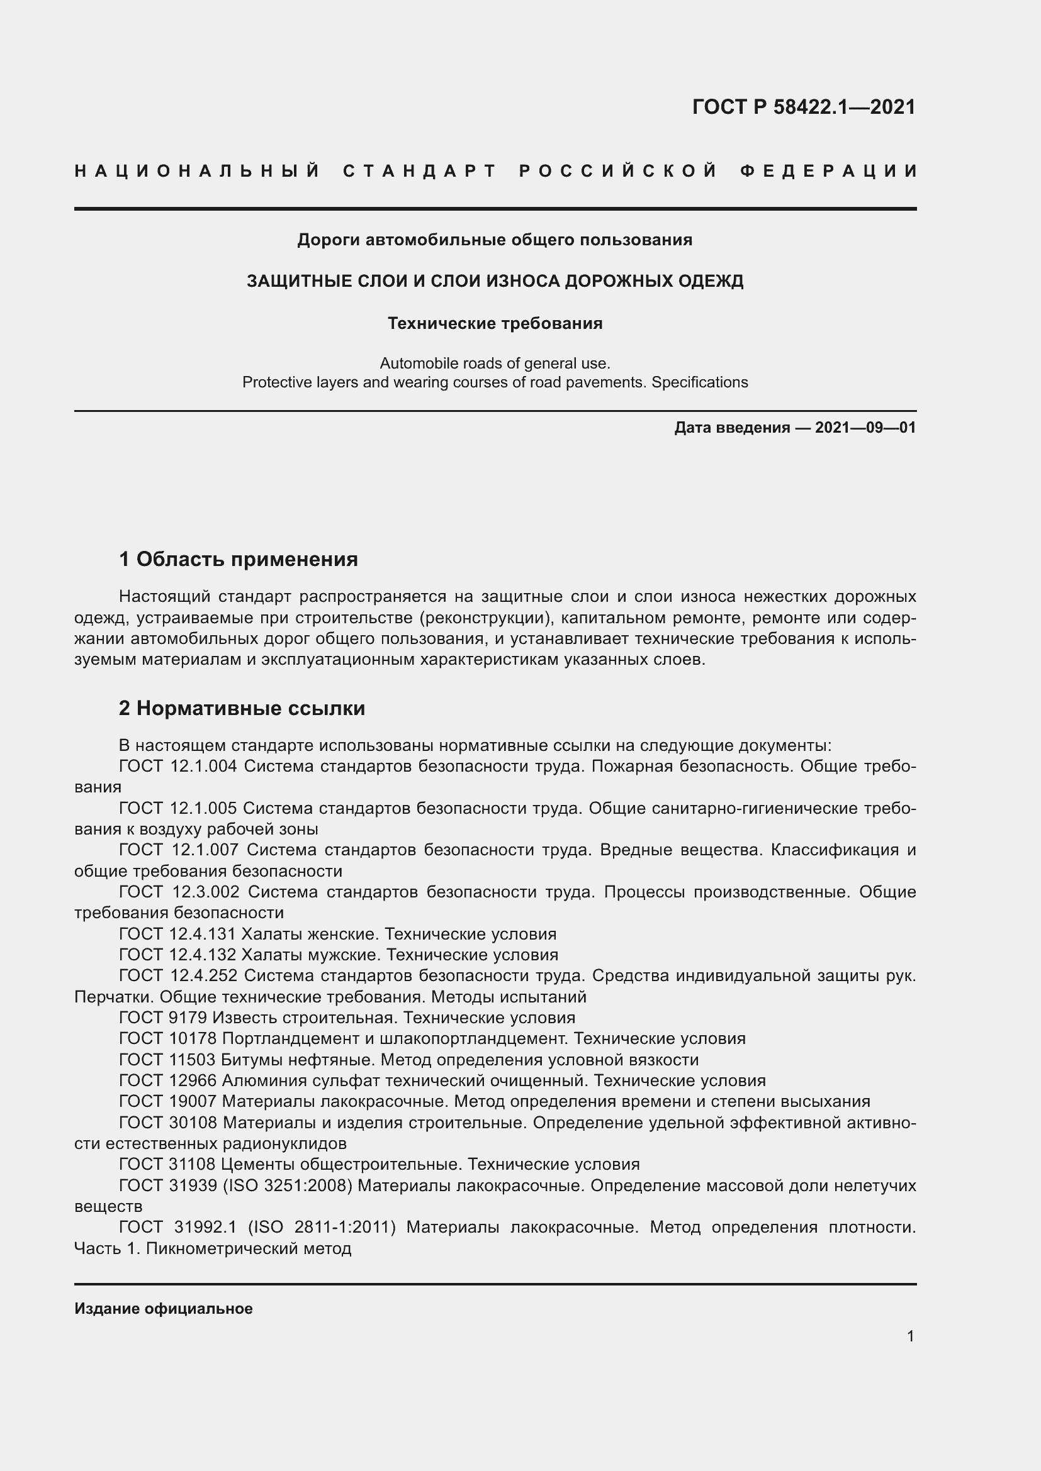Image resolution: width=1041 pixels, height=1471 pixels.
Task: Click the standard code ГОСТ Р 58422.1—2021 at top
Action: tap(804, 107)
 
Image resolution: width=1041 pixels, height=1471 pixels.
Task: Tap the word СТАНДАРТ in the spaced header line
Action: tap(420, 171)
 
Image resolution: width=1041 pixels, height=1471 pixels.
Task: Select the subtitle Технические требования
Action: tap(495, 323)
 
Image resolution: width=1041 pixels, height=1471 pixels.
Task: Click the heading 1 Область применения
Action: tap(239, 559)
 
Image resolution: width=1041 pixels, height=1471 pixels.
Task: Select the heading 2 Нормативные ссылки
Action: tap(242, 709)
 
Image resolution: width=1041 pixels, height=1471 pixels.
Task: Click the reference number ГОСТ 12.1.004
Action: tap(178, 766)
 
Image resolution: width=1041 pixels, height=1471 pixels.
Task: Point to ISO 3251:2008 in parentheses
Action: tap(288, 1185)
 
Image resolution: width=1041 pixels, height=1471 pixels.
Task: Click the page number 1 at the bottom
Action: tap(910, 1336)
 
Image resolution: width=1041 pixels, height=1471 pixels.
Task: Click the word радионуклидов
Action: tap(284, 1143)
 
